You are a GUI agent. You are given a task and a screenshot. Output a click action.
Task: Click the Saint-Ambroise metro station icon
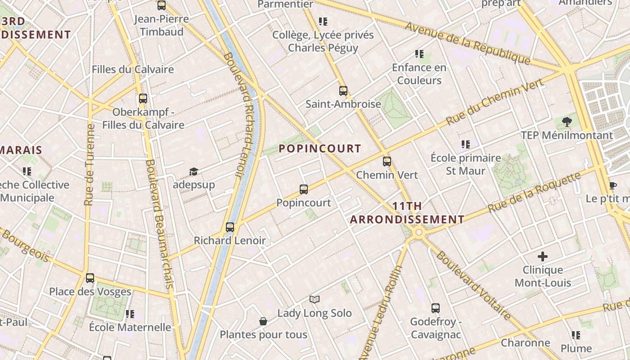tap(343, 91)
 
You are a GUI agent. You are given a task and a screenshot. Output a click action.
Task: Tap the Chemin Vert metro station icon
tap(387, 162)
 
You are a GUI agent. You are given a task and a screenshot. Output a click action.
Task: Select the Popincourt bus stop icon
tap(304, 189)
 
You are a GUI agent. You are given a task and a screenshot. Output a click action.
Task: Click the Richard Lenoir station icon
tap(230, 227)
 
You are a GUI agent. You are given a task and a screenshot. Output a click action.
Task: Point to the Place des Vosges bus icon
tap(90, 278)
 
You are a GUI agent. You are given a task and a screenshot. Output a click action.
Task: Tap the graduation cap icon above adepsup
tap(193, 171)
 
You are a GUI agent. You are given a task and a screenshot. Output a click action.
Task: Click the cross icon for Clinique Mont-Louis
tap(543, 256)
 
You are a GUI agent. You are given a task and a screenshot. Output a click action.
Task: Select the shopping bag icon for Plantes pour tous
tap(263, 321)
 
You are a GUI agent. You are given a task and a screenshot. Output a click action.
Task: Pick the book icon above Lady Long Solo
tap(315, 299)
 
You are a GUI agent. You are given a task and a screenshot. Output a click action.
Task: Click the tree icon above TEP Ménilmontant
tap(567, 121)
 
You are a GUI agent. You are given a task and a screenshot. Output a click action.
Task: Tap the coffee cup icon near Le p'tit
tap(612, 185)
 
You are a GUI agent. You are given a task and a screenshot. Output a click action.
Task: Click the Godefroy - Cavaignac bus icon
tap(435, 308)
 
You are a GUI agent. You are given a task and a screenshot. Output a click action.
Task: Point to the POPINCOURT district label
tap(320, 148)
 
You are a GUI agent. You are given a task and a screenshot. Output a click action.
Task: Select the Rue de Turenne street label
tap(90, 165)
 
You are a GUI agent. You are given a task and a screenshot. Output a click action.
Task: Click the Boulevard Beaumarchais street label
tap(160, 224)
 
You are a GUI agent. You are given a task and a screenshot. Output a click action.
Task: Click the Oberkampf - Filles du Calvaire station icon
tap(143, 99)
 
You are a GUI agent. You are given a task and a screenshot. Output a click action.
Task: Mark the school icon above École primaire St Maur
tap(466, 145)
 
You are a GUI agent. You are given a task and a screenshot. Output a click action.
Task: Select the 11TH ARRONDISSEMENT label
tap(407, 213)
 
